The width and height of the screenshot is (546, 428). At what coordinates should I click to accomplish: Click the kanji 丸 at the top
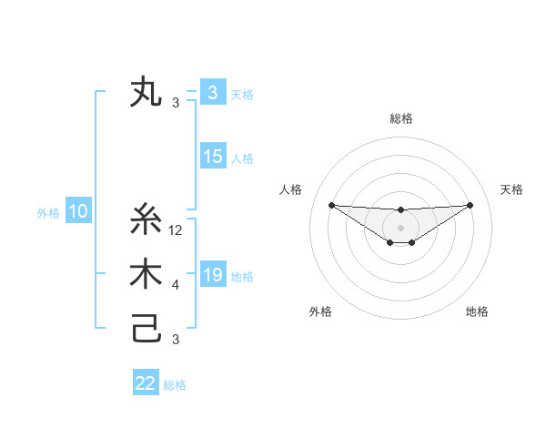(147, 93)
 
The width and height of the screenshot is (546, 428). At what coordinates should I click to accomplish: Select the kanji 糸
(147, 221)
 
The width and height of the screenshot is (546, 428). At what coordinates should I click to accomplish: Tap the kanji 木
(147, 276)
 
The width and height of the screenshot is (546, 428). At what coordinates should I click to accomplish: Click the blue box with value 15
(213, 157)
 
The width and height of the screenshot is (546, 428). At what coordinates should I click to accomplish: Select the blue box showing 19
(213, 275)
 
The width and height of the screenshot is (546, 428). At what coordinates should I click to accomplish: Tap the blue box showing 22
(146, 383)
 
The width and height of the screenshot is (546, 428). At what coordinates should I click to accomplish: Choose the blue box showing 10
(78, 212)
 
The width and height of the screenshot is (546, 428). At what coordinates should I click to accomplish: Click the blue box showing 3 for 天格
(213, 93)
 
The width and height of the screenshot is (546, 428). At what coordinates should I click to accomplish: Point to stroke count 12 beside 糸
(177, 231)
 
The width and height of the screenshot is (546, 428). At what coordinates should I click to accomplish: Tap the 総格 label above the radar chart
(400, 118)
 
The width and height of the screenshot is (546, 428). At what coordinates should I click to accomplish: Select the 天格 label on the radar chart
(511, 189)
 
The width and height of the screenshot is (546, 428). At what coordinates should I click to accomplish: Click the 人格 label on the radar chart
(290, 189)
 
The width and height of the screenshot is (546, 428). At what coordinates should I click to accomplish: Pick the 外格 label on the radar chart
(319, 311)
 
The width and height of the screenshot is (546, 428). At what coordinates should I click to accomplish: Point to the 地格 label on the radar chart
(477, 311)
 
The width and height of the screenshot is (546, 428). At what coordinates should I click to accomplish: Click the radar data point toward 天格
(470, 205)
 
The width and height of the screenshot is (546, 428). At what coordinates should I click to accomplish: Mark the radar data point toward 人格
(331, 205)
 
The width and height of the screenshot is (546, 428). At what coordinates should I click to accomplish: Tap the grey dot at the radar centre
(400, 227)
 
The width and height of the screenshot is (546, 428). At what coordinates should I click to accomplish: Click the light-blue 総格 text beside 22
(175, 385)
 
